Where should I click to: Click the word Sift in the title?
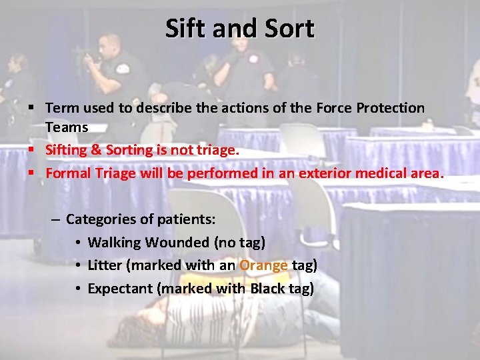[185, 29]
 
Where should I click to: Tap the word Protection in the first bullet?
[389, 107]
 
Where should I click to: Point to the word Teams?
[67, 127]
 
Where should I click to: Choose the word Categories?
[101, 219]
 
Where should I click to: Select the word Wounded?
[175, 242]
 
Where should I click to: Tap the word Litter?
[105, 265]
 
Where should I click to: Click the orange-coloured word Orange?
[263, 265]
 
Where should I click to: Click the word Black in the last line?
[267, 289]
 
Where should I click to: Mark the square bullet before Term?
[31, 107]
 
